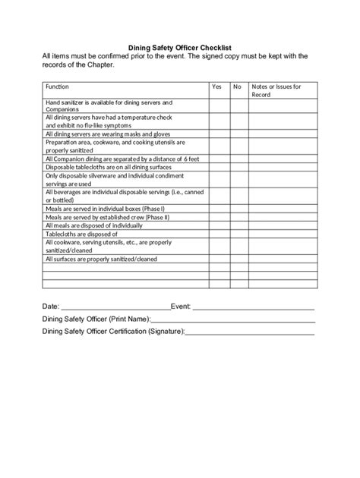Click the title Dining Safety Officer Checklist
coord(180,46)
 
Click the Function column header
coord(58,87)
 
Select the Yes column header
coord(217,87)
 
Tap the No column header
coord(237,87)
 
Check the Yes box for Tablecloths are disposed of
coord(219,234)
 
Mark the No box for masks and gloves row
coord(238,134)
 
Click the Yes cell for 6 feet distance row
coord(219,159)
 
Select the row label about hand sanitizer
coord(109,105)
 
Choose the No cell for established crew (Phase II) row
coord(238,216)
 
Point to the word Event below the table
coord(181,306)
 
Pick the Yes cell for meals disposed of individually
coord(219,225)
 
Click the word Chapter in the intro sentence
coord(99,64)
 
